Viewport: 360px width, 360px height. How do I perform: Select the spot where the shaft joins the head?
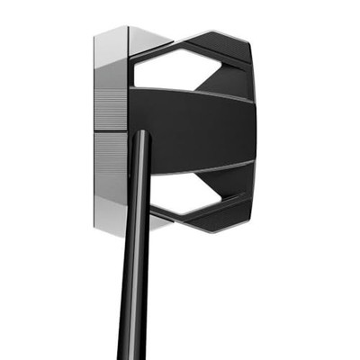tap(141, 137)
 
